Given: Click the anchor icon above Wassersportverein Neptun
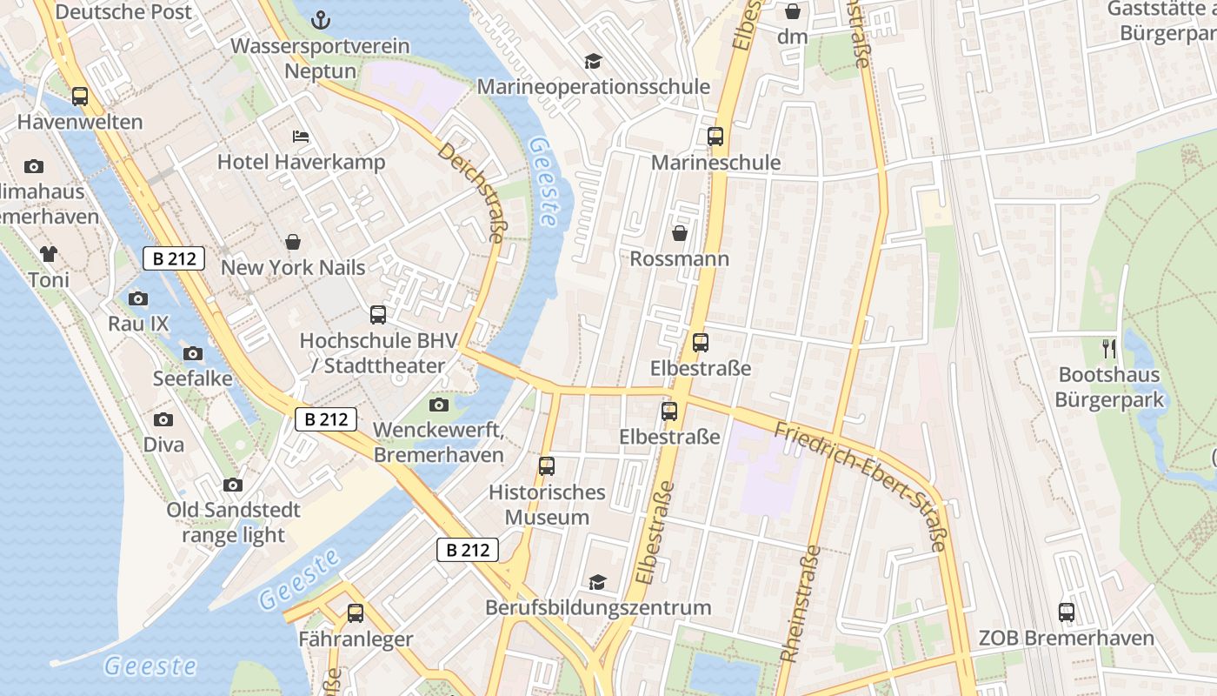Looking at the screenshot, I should pyautogui.click(x=321, y=19).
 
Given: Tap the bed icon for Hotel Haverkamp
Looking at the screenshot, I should pyautogui.click(x=301, y=137).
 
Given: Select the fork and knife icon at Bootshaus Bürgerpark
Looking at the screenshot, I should pyautogui.click(x=1108, y=349).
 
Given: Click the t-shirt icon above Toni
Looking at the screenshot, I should pyautogui.click(x=48, y=254).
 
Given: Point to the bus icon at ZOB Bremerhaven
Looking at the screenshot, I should pyautogui.click(x=1067, y=612).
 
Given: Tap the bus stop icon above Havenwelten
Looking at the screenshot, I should pyautogui.click(x=80, y=97).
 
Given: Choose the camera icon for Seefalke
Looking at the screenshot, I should pyautogui.click(x=193, y=353).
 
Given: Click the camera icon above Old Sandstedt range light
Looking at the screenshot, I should pyautogui.click(x=233, y=485).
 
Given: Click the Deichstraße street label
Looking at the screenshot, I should pyautogui.click(x=472, y=193).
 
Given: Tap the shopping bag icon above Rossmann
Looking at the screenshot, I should pyautogui.click(x=680, y=233).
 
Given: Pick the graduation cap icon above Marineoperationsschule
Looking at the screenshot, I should pyautogui.click(x=593, y=61).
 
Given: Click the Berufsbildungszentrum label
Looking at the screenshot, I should pyautogui.click(x=598, y=607).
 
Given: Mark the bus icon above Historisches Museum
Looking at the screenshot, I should pyautogui.click(x=547, y=466).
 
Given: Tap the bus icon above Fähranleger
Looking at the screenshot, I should pyautogui.click(x=356, y=613).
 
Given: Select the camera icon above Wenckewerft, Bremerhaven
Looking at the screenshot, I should pyautogui.click(x=439, y=405).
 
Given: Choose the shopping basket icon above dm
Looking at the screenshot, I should pyautogui.click(x=793, y=11).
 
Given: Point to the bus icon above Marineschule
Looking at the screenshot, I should pyautogui.click(x=715, y=137).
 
